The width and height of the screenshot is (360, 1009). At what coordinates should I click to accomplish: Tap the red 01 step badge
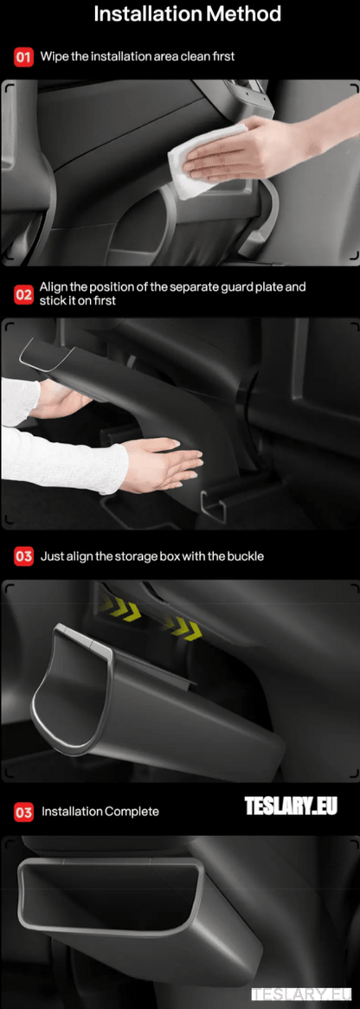23,57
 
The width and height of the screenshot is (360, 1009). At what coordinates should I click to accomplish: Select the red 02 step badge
23,293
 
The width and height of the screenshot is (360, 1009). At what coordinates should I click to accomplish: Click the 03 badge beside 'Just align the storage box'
23,556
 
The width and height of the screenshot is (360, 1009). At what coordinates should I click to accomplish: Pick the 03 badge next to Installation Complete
23,812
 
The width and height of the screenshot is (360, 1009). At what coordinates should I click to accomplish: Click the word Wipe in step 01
55,56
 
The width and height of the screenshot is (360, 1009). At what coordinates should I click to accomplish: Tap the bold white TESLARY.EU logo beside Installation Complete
290,807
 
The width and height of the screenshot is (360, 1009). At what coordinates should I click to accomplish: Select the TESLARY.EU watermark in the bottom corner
304,994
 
